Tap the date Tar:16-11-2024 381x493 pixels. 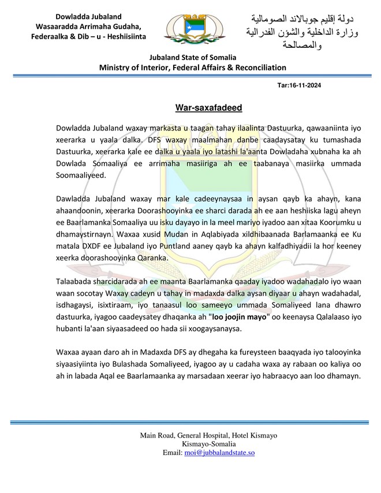(x=299, y=85)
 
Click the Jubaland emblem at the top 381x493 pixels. (x=190, y=30)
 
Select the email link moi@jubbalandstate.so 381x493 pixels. (x=220, y=453)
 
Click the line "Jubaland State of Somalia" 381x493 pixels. (x=192, y=58)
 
